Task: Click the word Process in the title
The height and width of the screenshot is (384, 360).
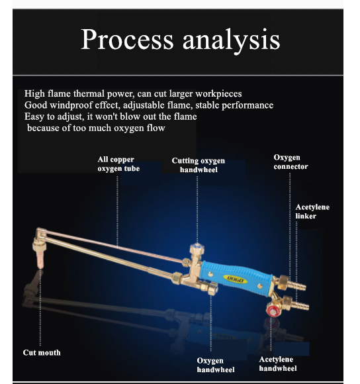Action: [127, 39]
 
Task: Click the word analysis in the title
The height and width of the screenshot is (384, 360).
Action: [231, 41]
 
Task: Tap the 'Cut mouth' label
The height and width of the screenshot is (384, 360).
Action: [42, 352]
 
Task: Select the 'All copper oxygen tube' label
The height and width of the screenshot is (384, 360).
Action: [118, 164]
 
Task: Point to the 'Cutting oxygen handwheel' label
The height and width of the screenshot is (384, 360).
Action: [199, 165]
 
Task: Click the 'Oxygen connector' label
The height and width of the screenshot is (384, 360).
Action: [291, 162]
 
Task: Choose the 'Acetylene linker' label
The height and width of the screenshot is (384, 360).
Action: [312, 212]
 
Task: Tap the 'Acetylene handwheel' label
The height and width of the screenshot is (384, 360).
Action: [278, 363]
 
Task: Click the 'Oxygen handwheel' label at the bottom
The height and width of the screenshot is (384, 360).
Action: [216, 365]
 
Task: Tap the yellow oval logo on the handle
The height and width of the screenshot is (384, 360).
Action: [235, 279]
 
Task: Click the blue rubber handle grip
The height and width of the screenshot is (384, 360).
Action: [236, 278]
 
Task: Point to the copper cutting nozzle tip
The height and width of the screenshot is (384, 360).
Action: [40, 260]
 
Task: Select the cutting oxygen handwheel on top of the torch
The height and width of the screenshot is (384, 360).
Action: [197, 249]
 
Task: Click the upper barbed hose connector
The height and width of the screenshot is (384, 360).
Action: [296, 285]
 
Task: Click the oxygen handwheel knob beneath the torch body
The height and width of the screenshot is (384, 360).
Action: [212, 288]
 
